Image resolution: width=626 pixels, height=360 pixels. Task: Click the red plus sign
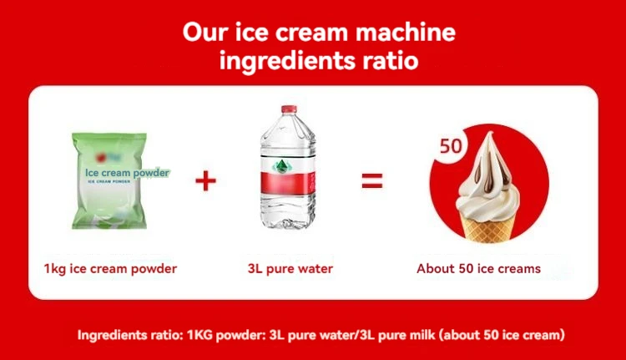(x=205, y=181)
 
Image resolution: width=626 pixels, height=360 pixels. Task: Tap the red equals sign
(x=372, y=180)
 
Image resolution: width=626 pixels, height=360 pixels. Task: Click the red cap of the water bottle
(x=289, y=109)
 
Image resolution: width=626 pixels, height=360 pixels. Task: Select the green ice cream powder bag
(x=109, y=180)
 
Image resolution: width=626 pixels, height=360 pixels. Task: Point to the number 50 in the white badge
(x=451, y=146)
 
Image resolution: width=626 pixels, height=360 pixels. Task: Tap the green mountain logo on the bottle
(x=282, y=166)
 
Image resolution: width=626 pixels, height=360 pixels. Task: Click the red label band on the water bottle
(x=288, y=184)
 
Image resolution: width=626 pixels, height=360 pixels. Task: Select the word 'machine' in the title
(x=405, y=32)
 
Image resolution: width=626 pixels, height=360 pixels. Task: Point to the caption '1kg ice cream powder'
(x=110, y=269)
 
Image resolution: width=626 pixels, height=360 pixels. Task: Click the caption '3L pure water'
(x=290, y=269)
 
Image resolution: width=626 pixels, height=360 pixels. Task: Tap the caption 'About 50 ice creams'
(x=479, y=268)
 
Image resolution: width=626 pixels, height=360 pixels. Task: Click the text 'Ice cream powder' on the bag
(x=127, y=173)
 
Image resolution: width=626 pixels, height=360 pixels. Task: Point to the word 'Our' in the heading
(x=205, y=32)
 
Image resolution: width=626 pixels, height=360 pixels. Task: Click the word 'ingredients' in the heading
(x=287, y=61)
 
